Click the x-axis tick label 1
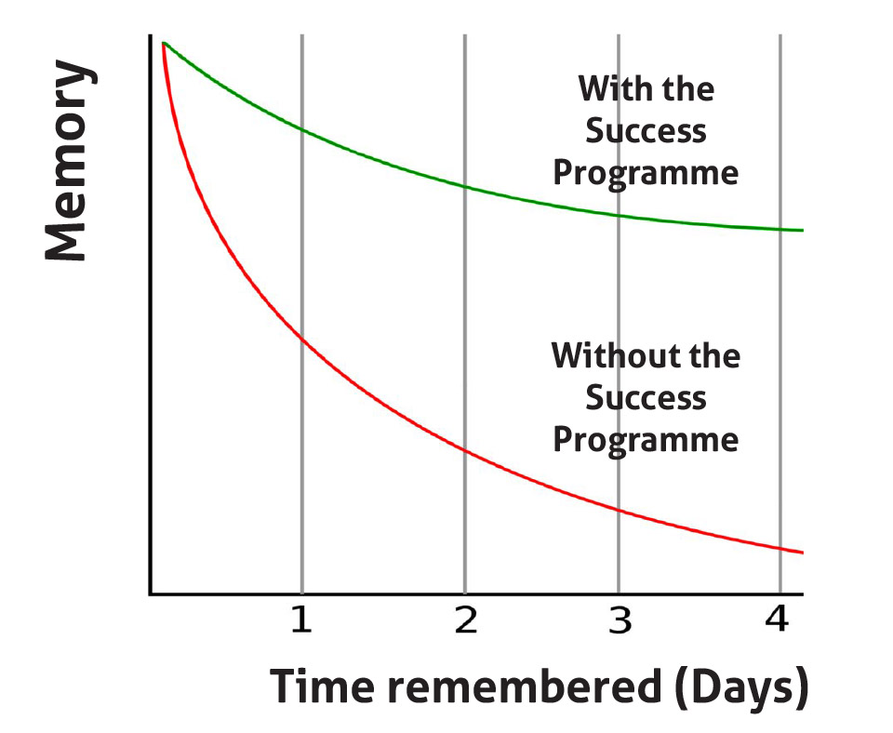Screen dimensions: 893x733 [301, 620]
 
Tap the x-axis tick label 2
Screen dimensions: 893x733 [465, 620]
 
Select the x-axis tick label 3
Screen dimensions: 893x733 [620, 620]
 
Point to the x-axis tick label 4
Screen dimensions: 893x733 [777, 619]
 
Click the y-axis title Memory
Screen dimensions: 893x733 [70, 161]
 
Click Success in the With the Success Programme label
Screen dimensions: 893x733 [646, 131]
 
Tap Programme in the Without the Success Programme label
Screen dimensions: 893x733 [646, 440]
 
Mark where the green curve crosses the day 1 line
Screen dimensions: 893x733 [301, 131]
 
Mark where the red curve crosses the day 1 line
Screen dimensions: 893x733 [301, 340]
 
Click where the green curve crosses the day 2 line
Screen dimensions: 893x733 [465, 186]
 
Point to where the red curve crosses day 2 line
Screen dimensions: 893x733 [465, 451]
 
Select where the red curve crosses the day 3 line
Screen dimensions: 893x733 [620, 511]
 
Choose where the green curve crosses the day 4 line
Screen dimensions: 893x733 [780, 229]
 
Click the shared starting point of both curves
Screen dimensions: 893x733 [164, 43]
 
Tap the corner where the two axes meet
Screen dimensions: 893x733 [151, 594]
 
